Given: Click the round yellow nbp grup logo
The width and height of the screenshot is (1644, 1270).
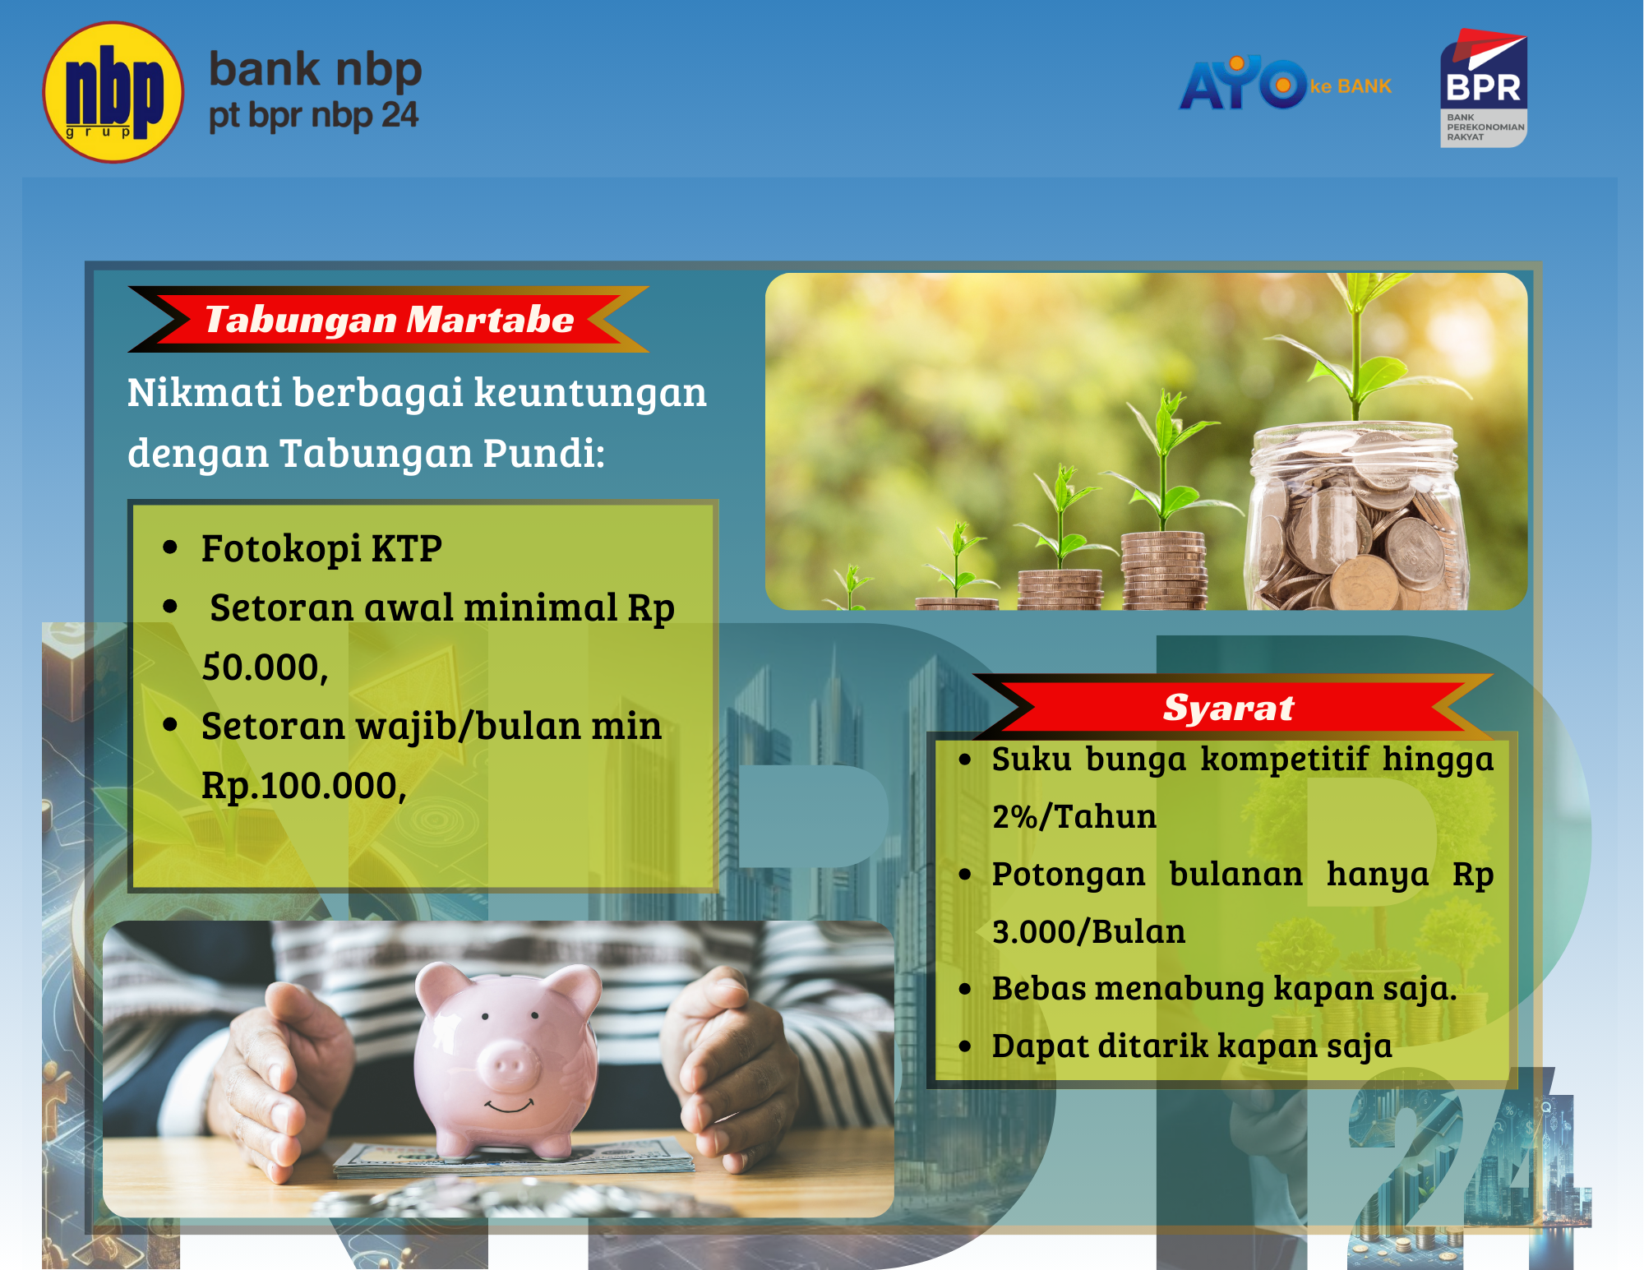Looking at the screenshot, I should [x=113, y=92].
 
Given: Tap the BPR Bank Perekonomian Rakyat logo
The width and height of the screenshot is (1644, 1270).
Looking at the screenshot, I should [x=1483, y=89].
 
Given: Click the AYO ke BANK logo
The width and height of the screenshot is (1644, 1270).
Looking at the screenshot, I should [x=1285, y=84].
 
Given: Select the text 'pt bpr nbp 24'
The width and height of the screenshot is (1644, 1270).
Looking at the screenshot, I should [x=313, y=116].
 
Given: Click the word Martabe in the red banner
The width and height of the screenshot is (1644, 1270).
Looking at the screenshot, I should [x=490, y=320].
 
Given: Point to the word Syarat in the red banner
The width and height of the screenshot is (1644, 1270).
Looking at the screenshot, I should [x=1228, y=708].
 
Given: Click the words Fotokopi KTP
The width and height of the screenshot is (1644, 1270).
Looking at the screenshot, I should [x=321, y=548].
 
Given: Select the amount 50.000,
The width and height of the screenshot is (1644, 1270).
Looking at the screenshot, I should [x=265, y=667].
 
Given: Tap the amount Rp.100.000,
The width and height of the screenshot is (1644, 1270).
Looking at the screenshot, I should [x=303, y=786].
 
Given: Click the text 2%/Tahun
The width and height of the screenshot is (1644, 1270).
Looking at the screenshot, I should [x=1074, y=817].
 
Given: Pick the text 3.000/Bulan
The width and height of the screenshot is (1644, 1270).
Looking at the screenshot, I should [x=1088, y=932].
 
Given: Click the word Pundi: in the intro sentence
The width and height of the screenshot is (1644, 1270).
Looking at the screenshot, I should [x=543, y=453].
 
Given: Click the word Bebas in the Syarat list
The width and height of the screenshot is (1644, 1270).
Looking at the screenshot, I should [x=1039, y=989].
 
